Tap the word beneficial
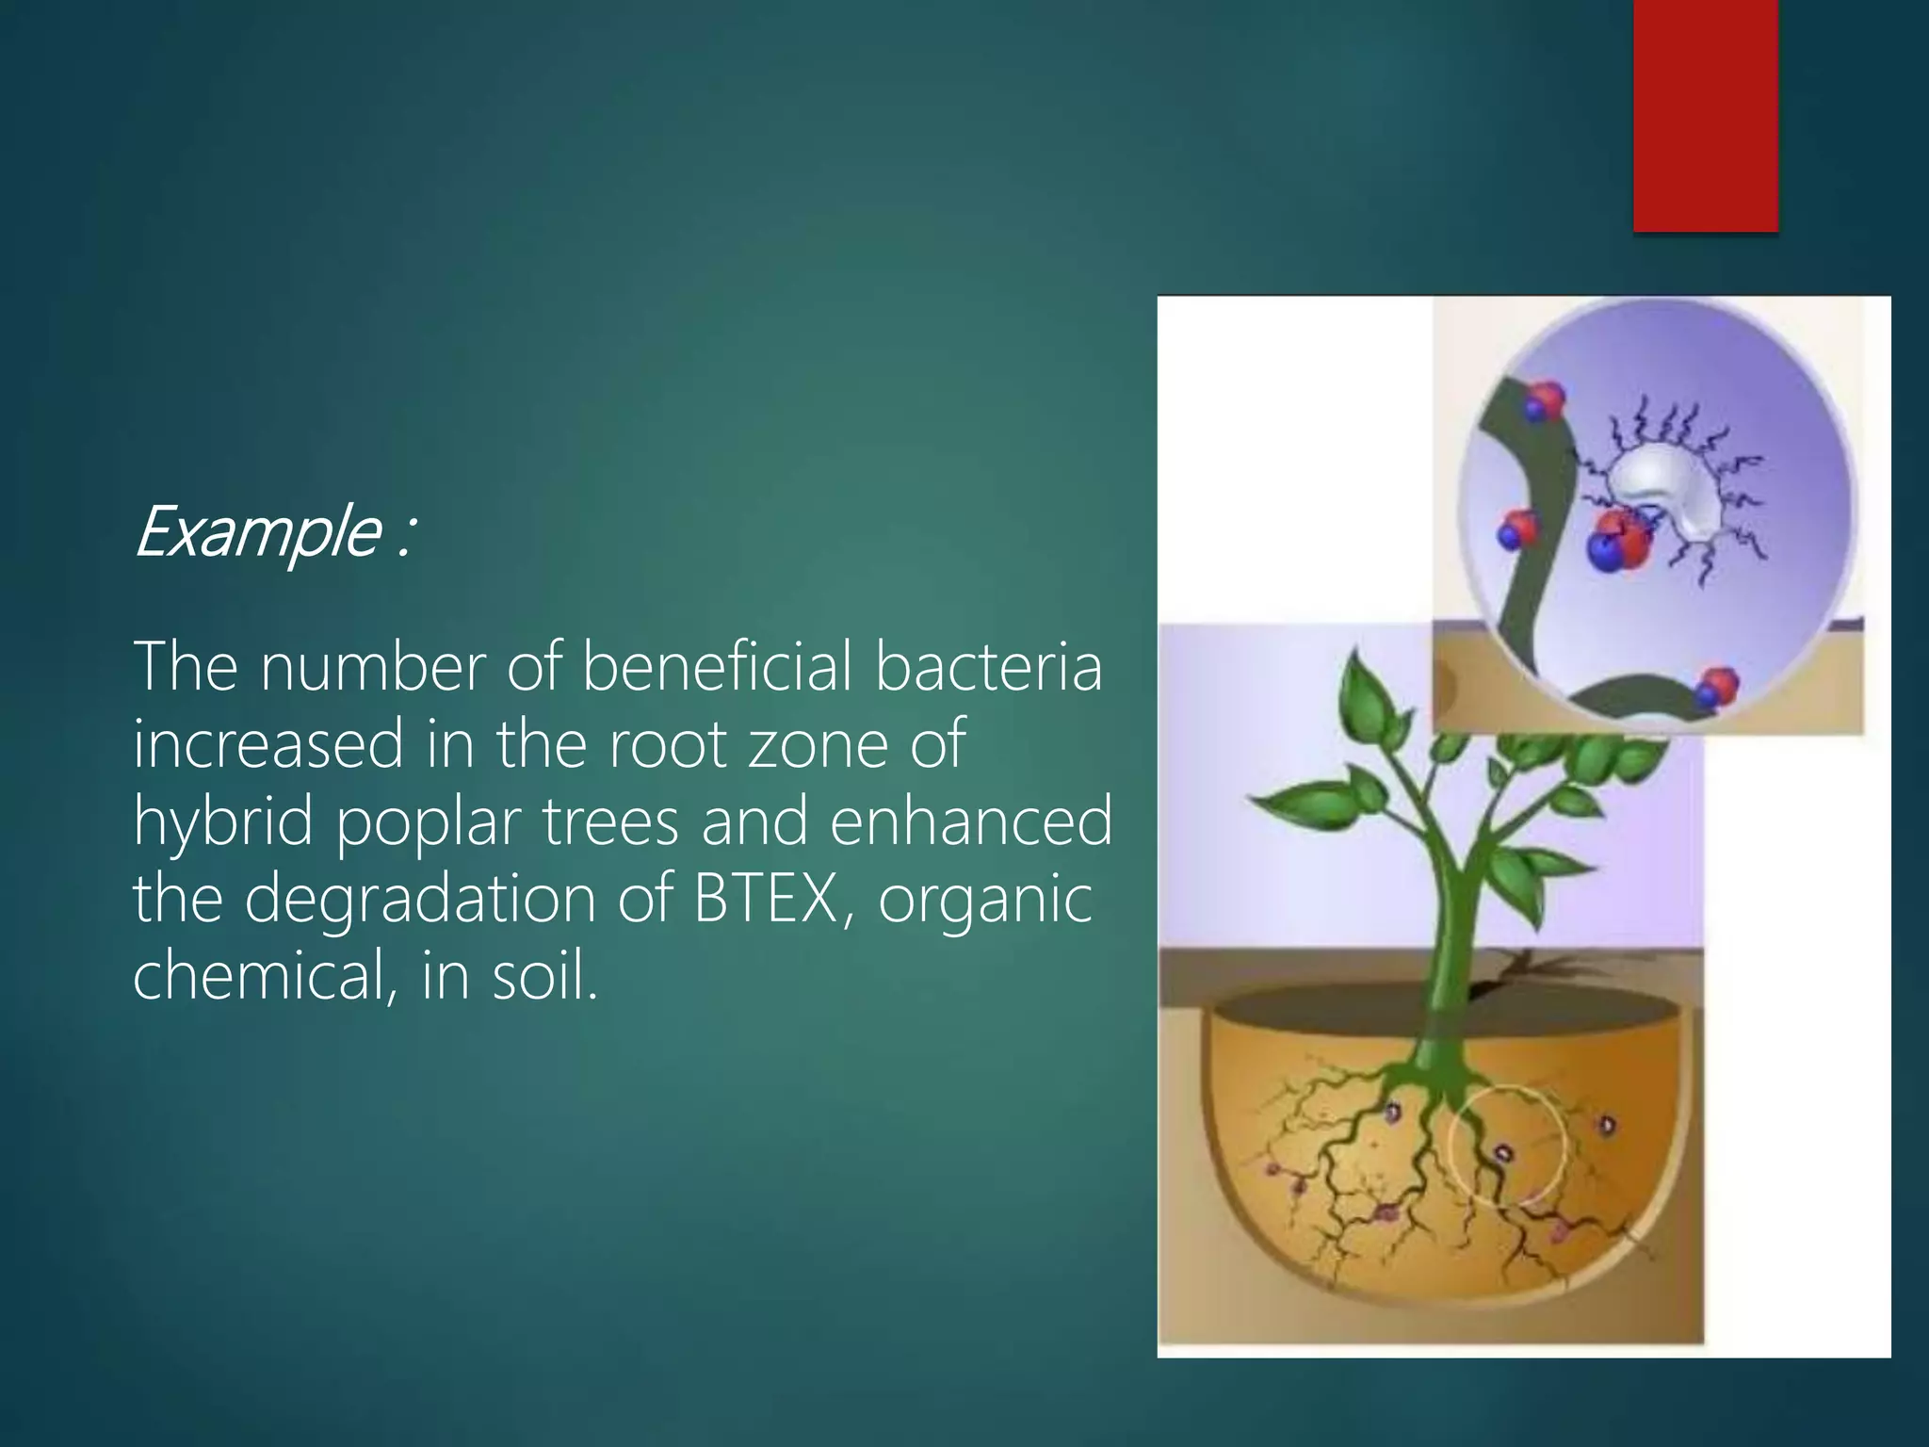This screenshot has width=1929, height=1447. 717,666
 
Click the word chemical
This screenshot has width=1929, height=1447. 260,975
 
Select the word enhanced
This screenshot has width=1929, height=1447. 971,821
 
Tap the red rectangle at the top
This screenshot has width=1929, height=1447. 1705,113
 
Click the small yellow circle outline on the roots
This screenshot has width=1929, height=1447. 1506,1146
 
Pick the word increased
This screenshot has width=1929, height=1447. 268,743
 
